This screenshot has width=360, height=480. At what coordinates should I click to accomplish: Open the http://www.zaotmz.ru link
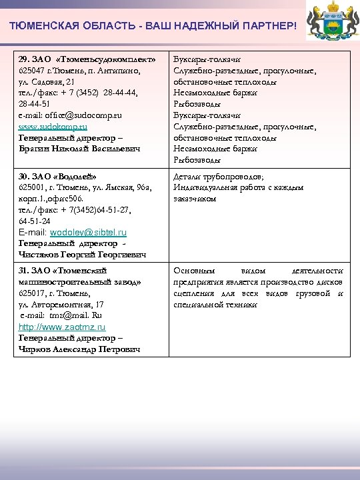62,327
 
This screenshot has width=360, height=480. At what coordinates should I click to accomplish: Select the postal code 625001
33,188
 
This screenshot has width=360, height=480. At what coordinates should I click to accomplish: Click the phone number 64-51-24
33,221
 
